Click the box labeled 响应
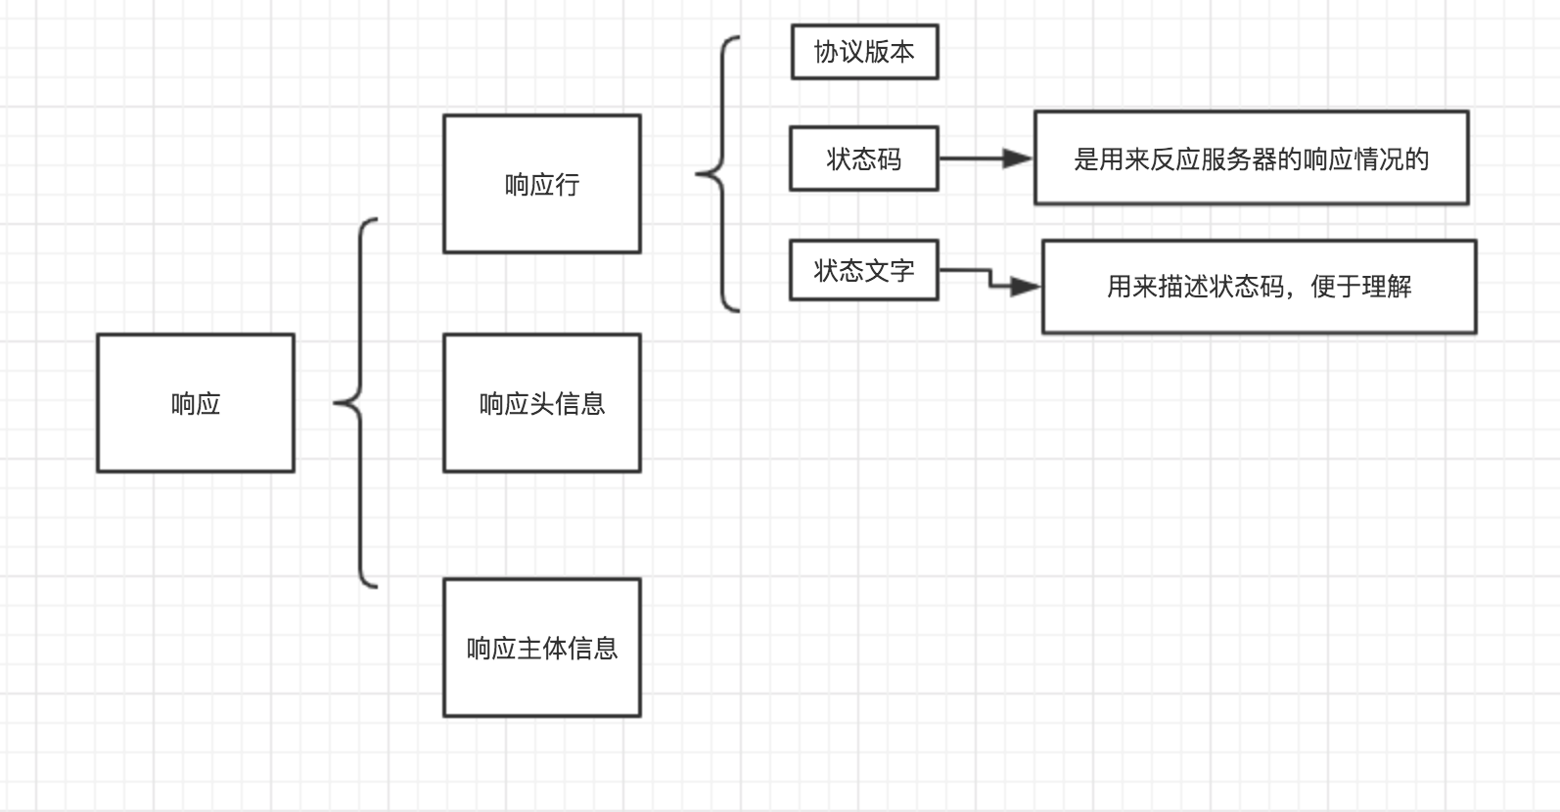(x=196, y=403)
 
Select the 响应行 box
(x=541, y=184)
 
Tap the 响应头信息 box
(x=541, y=403)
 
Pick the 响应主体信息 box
(x=541, y=648)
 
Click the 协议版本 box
(x=864, y=52)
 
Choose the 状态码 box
(x=864, y=158)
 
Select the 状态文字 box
(x=864, y=270)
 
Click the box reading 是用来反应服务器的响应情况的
(x=1251, y=158)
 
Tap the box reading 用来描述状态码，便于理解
(x=1259, y=287)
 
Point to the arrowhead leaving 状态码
(x=1019, y=158)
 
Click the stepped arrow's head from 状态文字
(x=1027, y=287)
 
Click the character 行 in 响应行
(x=568, y=184)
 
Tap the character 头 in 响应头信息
(x=542, y=403)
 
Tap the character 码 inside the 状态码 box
(x=890, y=158)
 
